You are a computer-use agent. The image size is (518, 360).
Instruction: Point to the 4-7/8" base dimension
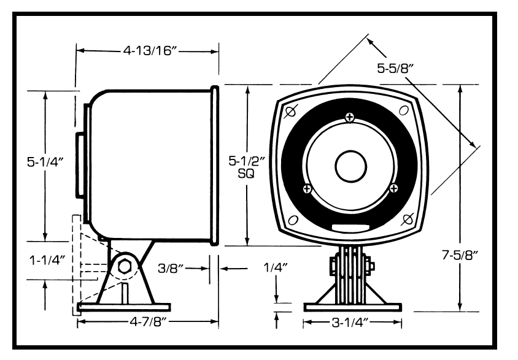145,321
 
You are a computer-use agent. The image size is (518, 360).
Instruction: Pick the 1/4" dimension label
276,268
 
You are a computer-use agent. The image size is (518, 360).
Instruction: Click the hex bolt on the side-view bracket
123,267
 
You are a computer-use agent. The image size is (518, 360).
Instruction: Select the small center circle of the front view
349,166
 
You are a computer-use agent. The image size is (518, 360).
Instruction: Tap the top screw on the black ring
349,117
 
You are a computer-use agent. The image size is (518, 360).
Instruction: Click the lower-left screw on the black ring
307,189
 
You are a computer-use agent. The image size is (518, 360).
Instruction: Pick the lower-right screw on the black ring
392,189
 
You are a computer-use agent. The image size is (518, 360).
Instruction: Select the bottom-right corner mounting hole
406,218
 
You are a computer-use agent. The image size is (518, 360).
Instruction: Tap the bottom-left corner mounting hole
293,219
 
